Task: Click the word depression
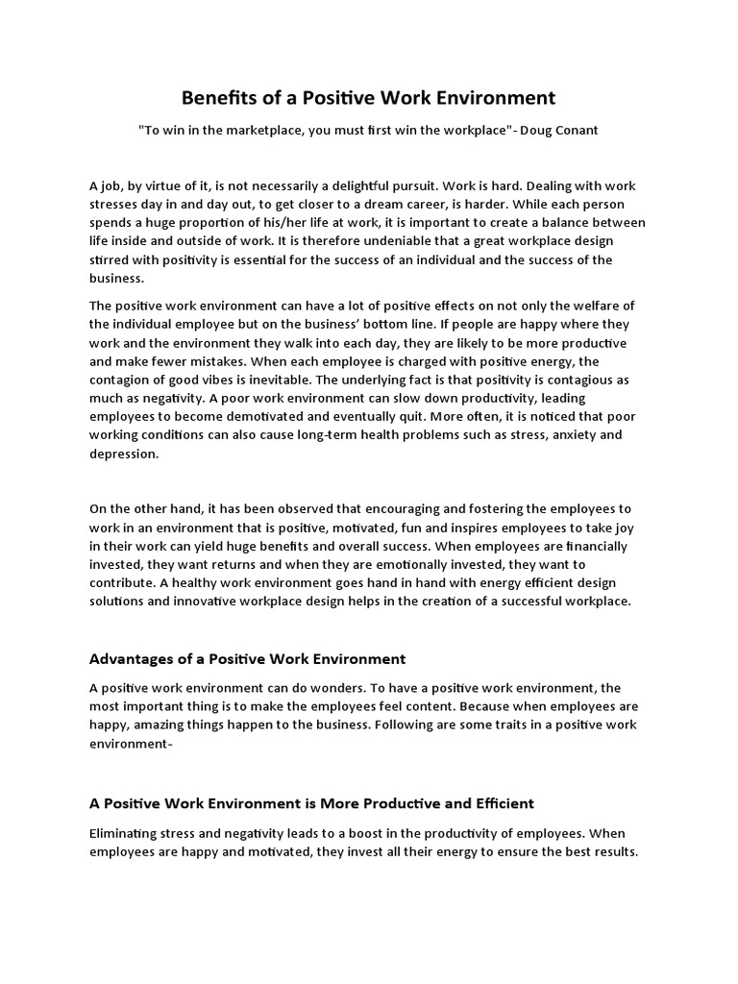click(x=123, y=454)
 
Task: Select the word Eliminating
click(x=126, y=833)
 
